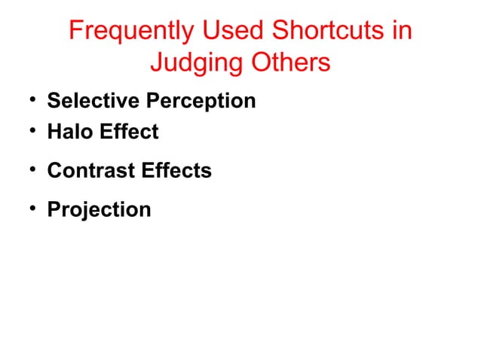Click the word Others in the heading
pyautogui.click(x=286, y=63)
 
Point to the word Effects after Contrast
pyautogui.click(x=177, y=170)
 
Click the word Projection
pyautogui.click(x=99, y=209)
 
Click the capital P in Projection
pyautogui.click(x=54, y=209)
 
